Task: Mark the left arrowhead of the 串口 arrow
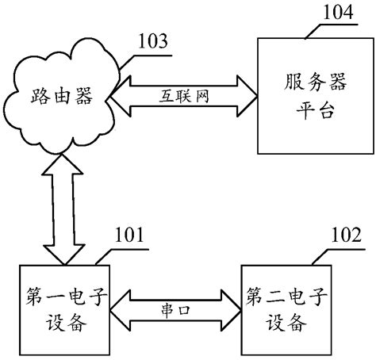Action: [116, 310]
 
